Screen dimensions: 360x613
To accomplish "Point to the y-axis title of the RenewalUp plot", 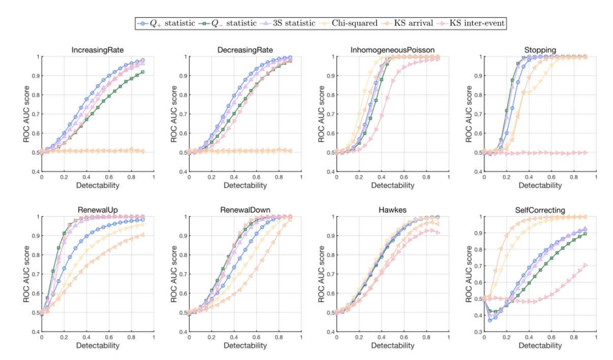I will [x=26, y=274].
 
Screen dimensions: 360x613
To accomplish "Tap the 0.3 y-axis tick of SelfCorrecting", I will [x=476, y=332].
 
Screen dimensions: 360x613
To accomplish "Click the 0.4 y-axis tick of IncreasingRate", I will [x=34, y=171].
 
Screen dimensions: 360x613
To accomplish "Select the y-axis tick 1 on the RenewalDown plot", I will [x=183, y=217].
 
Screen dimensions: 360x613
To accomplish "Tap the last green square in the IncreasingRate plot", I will [x=143, y=72].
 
